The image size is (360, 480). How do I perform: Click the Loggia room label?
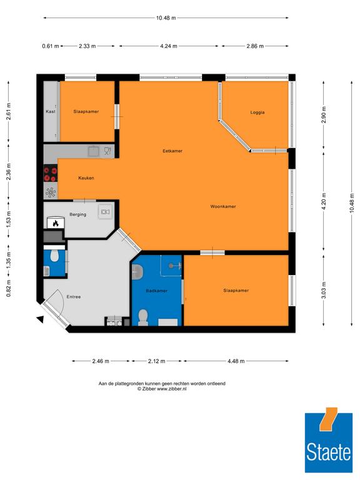pos(257,112)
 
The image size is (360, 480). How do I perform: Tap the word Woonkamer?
pos(223,207)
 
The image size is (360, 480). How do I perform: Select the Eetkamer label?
pos(172,151)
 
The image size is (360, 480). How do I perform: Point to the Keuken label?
pos(86,178)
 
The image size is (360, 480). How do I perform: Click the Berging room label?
pos(77,214)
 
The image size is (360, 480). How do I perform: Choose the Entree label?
pos(74,297)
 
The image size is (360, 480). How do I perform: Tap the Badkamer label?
pos(156,291)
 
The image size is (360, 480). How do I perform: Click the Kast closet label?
pos(51,111)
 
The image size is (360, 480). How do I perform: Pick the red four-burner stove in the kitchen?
pos(51,174)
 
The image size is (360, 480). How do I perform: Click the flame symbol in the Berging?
pos(56,224)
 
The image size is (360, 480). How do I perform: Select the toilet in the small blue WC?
pos(55,256)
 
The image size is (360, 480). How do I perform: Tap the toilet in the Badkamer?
pos(143,317)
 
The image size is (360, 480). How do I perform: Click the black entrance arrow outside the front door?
pos(40,319)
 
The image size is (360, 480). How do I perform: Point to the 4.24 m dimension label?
pos(169,46)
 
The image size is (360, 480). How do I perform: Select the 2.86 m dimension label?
pos(255,46)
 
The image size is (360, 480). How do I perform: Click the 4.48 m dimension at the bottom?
pos(236,361)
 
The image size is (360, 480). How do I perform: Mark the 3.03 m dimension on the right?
pos(324,289)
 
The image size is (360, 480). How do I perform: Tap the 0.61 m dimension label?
pos(51,46)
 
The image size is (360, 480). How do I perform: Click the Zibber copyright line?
pos(162,389)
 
